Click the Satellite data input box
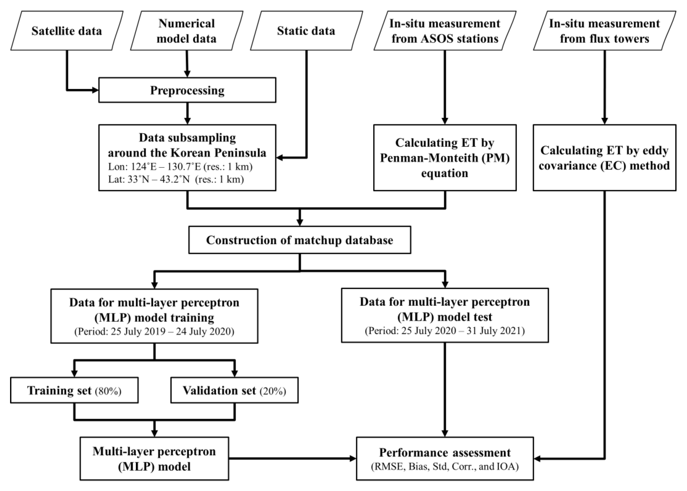[x=67, y=31]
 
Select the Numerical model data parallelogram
[x=187, y=31]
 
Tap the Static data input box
[x=306, y=31]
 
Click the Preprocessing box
[x=187, y=90]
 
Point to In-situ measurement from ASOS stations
[x=445, y=31]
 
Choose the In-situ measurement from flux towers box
[x=604, y=31]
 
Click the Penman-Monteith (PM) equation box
[x=445, y=158]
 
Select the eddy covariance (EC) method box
[x=604, y=158]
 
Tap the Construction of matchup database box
[x=300, y=240]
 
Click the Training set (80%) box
[x=74, y=390]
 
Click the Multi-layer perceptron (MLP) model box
[x=154, y=459]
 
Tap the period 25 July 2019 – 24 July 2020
[x=154, y=332]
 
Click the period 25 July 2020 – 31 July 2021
[x=445, y=331]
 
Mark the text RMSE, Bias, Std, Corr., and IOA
[x=445, y=467]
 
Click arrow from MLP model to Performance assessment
[x=291, y=459]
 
